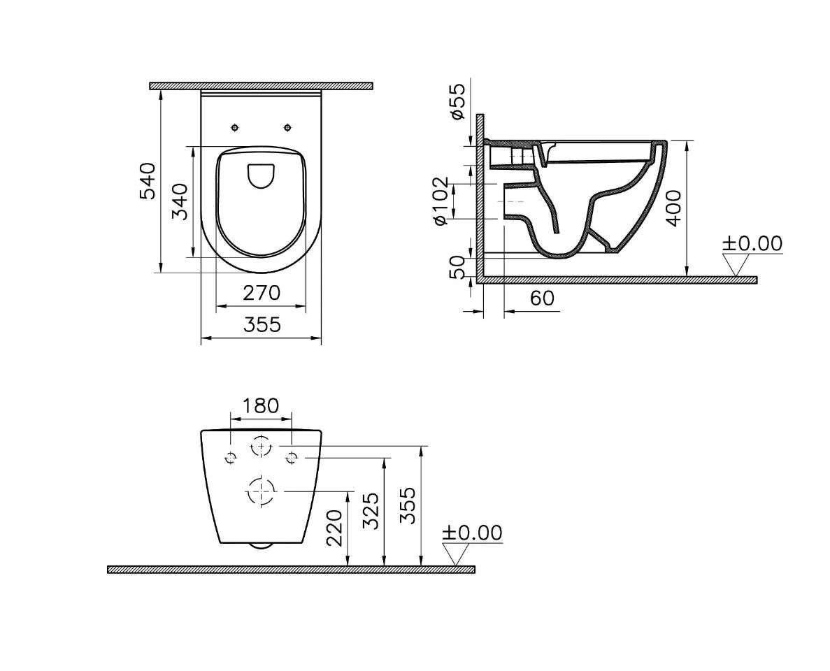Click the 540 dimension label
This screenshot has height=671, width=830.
point(148,180)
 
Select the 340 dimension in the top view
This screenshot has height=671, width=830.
point(180,201)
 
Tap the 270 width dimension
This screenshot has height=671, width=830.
point(262,293)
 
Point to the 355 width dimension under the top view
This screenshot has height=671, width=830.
point(262,325)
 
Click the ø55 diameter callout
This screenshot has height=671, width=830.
point(458,101)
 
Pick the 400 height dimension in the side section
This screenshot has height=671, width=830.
point(673,207)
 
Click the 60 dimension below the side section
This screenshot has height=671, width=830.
point(542,298)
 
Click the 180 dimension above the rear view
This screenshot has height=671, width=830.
point(260,405)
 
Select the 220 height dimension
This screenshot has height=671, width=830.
point(335,528)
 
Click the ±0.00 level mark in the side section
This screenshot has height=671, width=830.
point(752,244)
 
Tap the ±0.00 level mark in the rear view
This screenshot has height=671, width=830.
point(471,533)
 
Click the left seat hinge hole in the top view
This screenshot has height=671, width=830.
point(235,127)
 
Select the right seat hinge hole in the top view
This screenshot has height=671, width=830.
point(287,127)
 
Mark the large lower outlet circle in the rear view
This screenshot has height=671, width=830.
point(260,491)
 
